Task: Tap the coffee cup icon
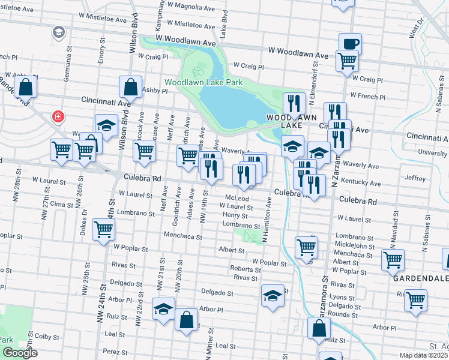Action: pyautogui.click(x=350, y=43)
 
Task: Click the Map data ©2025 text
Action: pyautogui.click(x=423, y=355)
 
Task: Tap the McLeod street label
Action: pyautogui.click(x=237, y=198)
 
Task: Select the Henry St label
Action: pyautogui.click(x=235, y=215)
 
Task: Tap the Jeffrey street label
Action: pyautogui.click(x=415, y=178)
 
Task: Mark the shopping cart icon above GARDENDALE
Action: pyautogui.click(x=393, y=260)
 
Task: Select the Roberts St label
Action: pyautogui.click(x=244, y=269)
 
